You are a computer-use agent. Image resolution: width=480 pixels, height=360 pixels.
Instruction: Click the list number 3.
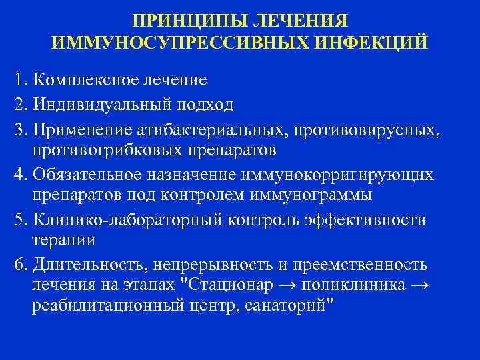[17, 127]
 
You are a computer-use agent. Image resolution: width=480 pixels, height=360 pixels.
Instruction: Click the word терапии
[63, 240]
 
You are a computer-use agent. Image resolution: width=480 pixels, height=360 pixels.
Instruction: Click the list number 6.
[17, 264]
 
